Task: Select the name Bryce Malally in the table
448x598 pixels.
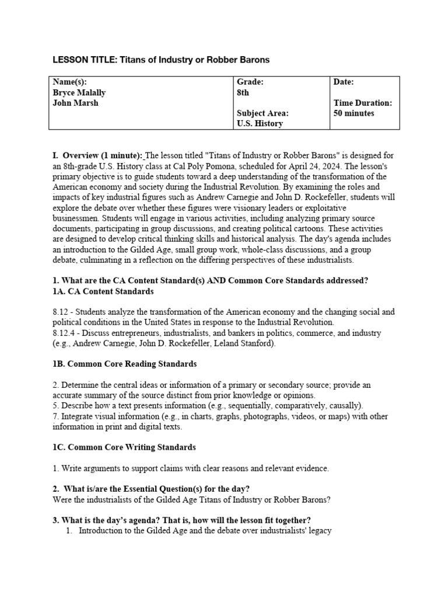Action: tap(79, 92)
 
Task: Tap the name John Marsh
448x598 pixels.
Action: tap(75, 103)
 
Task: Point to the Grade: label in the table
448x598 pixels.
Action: tap(250, 82)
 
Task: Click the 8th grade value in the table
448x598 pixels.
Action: tap(243, 92)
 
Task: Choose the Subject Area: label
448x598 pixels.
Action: tap(262, 113)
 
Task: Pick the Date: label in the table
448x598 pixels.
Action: tap(344, 82)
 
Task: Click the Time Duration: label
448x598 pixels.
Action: tap(362, 103)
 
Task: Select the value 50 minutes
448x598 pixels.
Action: tap(353, 113)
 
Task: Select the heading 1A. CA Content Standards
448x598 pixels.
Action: tap(103, 291)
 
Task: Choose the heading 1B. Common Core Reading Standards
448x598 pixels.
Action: tap(124, 364)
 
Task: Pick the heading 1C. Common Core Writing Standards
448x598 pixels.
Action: tap(124, 447)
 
